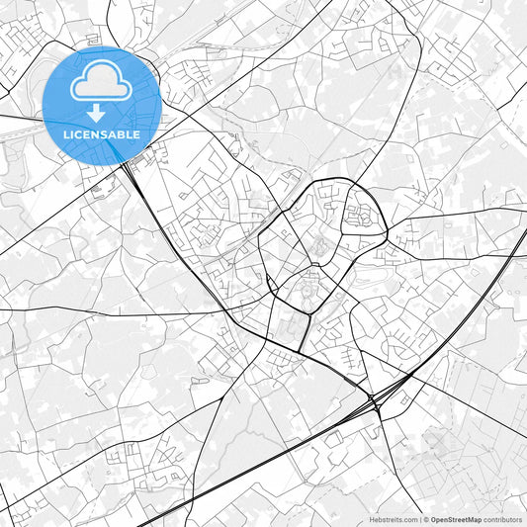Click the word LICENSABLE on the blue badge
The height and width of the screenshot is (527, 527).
click(101, 133)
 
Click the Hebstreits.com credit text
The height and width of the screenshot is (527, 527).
click(394, 519)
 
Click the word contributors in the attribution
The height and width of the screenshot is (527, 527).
click(502, 519)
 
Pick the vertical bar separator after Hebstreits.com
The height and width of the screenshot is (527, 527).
click(419, 519)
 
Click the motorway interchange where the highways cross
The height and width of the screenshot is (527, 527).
click(374, 401)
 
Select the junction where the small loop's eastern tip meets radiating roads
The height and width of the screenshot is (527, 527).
click(387, 233)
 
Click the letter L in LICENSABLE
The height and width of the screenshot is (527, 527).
click(64, 133)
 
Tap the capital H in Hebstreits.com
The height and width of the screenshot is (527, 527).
click(372, 519)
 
